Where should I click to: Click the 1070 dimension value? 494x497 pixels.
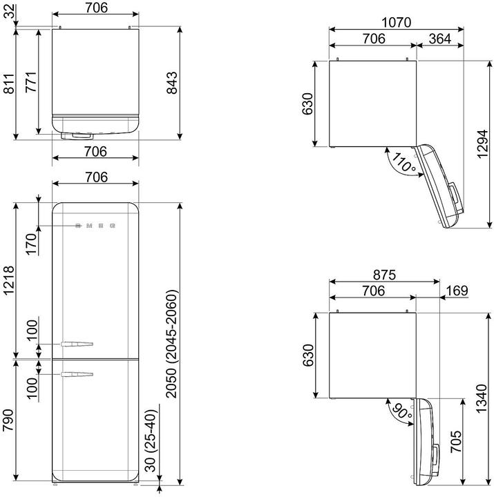click(396, 21)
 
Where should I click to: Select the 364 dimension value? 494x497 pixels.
click(439, 39)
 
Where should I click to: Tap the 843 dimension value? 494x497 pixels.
click(173, 84)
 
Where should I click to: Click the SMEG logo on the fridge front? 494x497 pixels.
click(95, 226)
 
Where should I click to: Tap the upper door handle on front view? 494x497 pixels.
click(77, 344)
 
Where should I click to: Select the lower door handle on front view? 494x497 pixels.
click(77, 375)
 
